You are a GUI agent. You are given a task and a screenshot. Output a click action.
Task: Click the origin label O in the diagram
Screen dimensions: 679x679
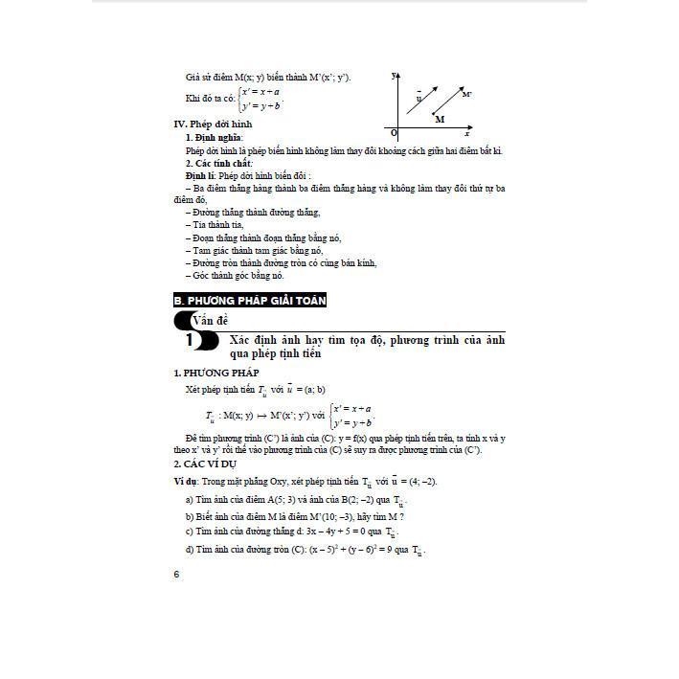click(394, 132)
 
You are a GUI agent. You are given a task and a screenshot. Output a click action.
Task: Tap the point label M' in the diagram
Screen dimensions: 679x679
click(466, 95)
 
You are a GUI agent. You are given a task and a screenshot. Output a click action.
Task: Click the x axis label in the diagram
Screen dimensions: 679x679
click(468, 133)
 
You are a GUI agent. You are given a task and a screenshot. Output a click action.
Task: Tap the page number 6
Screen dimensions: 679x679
click(176, 574)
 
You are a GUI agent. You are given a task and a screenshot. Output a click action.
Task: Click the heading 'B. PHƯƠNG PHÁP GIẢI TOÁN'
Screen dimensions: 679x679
click(250, 301)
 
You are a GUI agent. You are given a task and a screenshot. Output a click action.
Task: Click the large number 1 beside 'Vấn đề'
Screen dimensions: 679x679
click(190, 341)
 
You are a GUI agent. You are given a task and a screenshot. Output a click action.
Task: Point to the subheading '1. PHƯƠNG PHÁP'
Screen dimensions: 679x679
click(215, 373)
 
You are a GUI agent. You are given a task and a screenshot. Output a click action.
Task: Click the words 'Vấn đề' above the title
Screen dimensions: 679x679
click(210, 321)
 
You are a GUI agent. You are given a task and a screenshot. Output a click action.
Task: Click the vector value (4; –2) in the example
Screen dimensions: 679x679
click(419, 481)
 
